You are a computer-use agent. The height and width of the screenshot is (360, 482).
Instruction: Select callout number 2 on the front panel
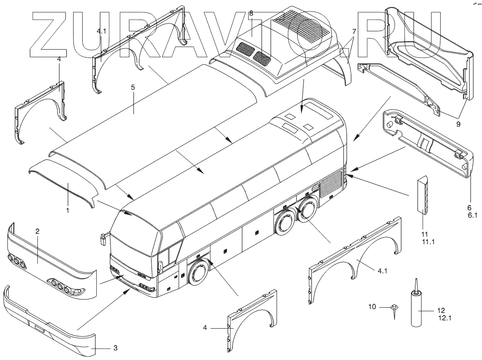click(x=38, y=232)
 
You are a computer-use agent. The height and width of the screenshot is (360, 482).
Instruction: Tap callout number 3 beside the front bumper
click(x=115, y=348)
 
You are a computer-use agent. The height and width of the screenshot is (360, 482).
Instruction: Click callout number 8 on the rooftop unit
click(x=251, y=13)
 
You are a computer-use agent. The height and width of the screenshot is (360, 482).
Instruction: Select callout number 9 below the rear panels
click(x=458, y=124)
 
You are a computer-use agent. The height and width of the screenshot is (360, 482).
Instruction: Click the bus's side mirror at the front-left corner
click(x=103, y=237)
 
